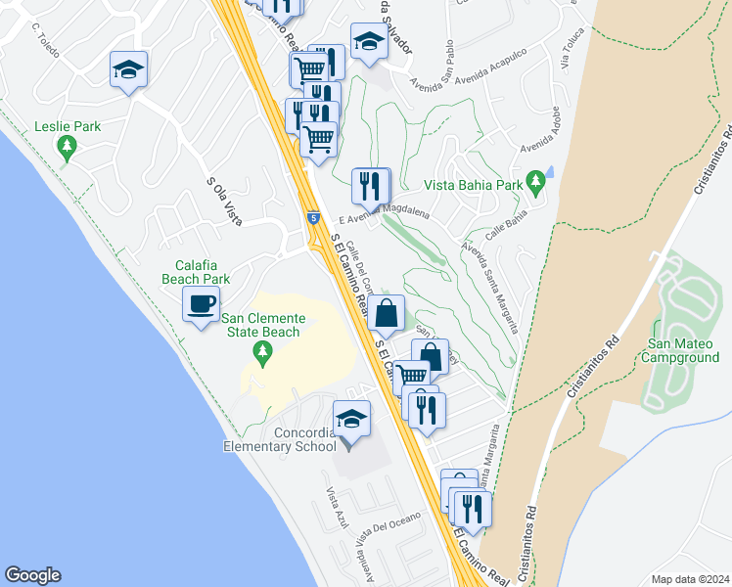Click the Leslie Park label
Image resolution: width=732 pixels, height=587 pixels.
point(68,126)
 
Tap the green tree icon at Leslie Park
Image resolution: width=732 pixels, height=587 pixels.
point(67,149)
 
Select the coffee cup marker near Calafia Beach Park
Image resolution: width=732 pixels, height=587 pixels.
point(202,304)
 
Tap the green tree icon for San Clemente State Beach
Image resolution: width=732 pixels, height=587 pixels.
point(261,349)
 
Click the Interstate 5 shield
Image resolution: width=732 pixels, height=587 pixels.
point(311,218)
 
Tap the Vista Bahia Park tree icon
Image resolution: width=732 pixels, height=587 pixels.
point(534,182)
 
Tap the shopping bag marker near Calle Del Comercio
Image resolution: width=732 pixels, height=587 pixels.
point(388,314)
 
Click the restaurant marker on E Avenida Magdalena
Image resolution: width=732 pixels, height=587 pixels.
point(371,185)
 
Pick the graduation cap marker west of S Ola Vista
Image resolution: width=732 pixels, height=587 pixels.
point(129,69)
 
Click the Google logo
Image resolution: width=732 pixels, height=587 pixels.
point(32,575)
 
